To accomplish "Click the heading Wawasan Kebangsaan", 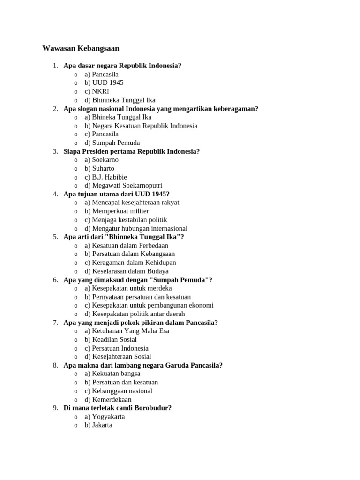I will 81,48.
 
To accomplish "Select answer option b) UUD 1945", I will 104,82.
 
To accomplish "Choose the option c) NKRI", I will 97,91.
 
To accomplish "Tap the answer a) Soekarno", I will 101,160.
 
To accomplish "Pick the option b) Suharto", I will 99,168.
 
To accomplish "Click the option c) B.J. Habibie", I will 105,177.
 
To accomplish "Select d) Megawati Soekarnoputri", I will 123,186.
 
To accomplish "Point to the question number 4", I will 55,194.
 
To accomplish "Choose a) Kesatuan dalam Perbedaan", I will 126,245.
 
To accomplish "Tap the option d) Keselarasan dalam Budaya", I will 127,271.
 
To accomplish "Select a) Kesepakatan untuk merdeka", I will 128,288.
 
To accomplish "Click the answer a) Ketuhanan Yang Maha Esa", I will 127,331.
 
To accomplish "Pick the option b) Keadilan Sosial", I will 111,339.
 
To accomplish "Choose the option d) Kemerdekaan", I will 108,399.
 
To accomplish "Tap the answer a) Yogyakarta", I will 105,416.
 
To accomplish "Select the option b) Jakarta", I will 98,425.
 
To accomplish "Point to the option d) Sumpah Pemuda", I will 112,142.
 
